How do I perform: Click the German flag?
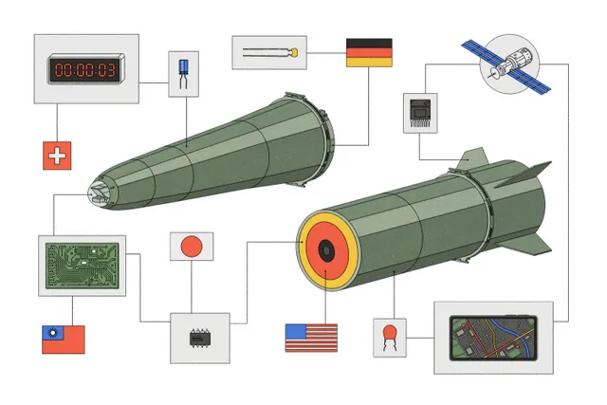(x=369, y=53)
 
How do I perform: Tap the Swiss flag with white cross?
(x=57, y=156)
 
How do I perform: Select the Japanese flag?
(x=192, y=247)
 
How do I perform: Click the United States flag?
(x=311, y=338)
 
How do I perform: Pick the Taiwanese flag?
(x=64, y=340)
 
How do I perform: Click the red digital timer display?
(x=85, y=69)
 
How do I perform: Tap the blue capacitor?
(x=183, y=74)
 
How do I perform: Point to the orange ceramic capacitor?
(x=390, y=338)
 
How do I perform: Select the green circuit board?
(x=83, y=266)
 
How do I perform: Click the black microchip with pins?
(x=200, y=338)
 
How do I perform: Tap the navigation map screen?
(x=493, y=338)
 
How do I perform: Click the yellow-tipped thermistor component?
(x=270, y=53)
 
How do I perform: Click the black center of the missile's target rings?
(x=326, y=251)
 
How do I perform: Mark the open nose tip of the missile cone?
(x=98, y=193)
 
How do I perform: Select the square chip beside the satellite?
(x=420, y=113)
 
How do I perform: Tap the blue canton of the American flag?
(x=296, y=331)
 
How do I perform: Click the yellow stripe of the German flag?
(x=369, y=63)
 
